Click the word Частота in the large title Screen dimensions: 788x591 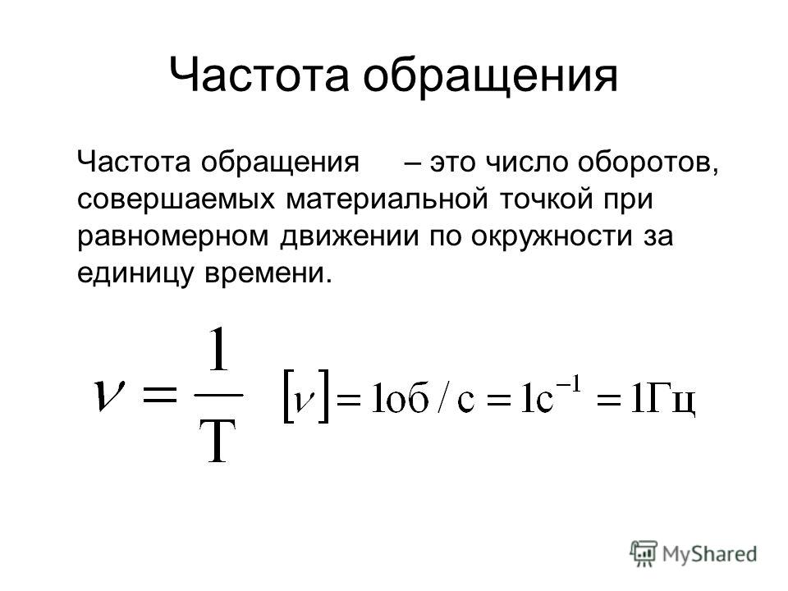tap(259, 75)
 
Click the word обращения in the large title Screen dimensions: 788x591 tap(491, 76)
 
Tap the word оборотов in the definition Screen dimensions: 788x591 tap(648, 163)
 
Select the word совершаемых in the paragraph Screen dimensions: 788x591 tap(176, 199)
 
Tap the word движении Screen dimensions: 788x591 tap(350, 237)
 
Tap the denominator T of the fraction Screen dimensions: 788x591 tap(218, 442)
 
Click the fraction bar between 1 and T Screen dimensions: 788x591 tap(218, 396)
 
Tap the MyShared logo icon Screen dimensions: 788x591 tap(644, 553)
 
